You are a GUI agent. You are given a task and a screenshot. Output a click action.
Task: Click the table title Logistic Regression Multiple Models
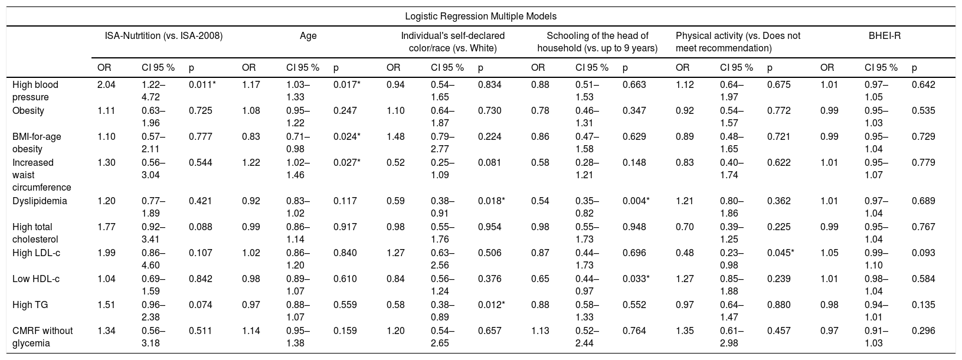pos(480,17)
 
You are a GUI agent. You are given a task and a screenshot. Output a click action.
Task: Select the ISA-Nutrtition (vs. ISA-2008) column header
pos(163,36)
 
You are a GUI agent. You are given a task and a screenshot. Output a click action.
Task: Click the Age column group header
pos(308,36)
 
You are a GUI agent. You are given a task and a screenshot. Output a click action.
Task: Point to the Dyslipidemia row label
pos(40,201)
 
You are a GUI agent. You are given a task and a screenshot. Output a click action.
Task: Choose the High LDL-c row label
pos(36,253)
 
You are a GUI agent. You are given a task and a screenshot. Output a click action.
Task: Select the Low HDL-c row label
pos(35,279)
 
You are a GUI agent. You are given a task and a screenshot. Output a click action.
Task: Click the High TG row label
pos(30,305)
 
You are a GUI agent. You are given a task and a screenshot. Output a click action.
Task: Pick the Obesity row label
pos(28,111)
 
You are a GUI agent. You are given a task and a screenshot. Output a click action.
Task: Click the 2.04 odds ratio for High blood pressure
pos(106,84)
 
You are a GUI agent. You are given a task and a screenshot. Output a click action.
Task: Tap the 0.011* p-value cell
pos(202,84)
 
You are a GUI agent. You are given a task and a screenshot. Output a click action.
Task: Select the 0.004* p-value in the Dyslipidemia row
pos(636,201)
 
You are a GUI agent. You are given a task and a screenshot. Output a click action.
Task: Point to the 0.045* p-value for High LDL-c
pos(780,253)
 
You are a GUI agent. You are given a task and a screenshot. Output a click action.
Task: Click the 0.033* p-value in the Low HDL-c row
pos(636,279)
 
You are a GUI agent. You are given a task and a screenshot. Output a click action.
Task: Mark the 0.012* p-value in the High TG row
pos(491,305)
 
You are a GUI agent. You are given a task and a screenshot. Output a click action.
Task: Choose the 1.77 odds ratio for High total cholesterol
pos(106,227)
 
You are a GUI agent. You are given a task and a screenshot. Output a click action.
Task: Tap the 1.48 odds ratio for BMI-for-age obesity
pos(395,136)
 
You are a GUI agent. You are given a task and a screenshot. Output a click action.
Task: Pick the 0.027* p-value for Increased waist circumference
pos(346,162)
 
